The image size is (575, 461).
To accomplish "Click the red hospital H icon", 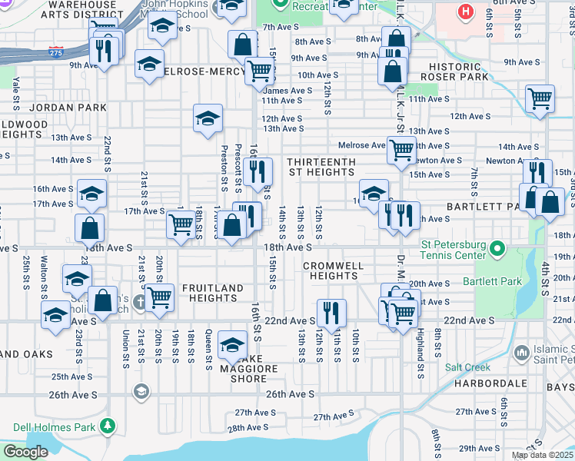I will (464, 12).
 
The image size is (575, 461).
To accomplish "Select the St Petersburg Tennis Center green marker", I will (497, 248).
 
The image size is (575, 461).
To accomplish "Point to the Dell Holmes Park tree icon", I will (108, 425).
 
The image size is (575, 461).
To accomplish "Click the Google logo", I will (25, 452).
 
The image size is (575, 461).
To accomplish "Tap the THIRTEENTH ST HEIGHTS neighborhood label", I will (321, 167).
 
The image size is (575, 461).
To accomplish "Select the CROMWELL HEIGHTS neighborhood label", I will (332, 270).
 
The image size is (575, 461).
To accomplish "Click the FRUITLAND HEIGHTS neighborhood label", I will (212, 294).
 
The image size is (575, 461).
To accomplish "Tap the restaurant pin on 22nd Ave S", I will (331, 310).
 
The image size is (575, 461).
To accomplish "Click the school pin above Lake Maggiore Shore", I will (233, 343).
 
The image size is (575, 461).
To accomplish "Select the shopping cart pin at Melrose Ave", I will (401, 150).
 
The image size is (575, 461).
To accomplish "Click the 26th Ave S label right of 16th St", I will (291, 394).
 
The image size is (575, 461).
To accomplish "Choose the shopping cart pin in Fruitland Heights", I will (159, 297).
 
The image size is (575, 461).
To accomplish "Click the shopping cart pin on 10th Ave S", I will (260, 71).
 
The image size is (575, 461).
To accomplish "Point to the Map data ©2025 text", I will (542, 455).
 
